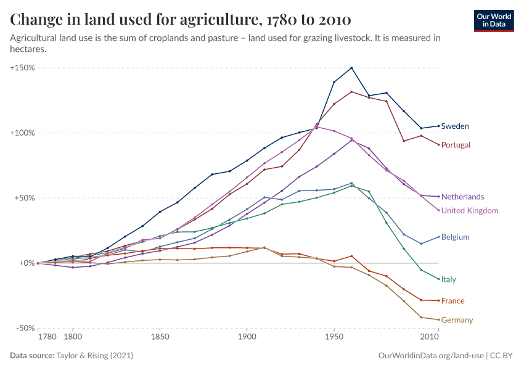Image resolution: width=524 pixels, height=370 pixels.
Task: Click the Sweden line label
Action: click(x=455, y=126)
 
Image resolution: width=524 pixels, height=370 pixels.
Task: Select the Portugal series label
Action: click(x=456, y=145)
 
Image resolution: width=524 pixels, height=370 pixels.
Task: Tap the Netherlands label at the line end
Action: click(x=462, y=197)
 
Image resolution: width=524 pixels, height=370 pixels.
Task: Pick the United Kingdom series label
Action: click(x=470, y=211)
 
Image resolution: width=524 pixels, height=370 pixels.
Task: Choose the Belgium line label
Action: click(x=456, y=237)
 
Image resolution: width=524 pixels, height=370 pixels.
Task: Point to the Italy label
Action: click(x=449, y=279)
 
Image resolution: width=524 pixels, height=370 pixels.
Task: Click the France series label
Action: click(x=452, y=301)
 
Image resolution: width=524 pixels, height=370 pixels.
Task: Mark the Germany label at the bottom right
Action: click(x=457, y=320)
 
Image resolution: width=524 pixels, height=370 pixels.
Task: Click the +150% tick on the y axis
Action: click(x=22, y=67)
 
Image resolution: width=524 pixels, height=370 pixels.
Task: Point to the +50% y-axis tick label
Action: click(x=24, y=198)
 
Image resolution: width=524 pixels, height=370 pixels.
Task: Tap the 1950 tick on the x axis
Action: click(x=334, y=338)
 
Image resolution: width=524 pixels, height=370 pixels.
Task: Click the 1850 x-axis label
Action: click(x=160, y=338)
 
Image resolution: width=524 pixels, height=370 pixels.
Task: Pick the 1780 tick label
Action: click(x=47, y=338)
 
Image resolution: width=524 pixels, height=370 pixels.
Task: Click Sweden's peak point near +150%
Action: click(x=351, y=68)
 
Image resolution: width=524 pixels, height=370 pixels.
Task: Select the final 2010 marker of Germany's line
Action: click(x=438, y=319)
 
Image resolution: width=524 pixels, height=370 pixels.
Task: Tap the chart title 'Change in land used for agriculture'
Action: click(x=181, y=20)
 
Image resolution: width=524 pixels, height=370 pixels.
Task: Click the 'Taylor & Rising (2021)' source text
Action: click(x=94, y=356)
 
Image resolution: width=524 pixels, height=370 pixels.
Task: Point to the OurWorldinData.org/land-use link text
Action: click(x=429, y=356)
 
